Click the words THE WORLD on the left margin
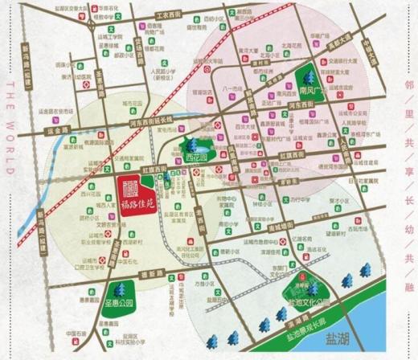pos(10,129)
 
